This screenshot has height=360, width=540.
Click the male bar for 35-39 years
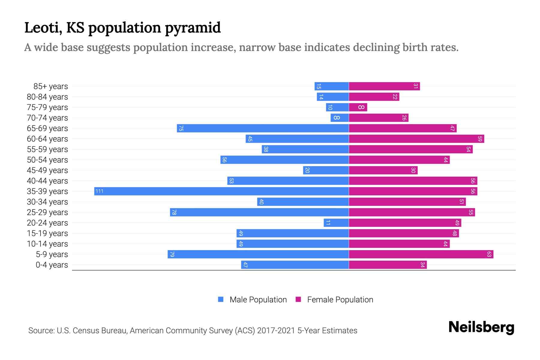click(221, 191)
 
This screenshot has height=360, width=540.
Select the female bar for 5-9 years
click(421, 254)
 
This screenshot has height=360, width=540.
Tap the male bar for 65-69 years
click(263, 128)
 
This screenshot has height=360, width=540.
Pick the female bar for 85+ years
click(384, 86)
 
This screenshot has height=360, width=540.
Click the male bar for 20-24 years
click(336, 223)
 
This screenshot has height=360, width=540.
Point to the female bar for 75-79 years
click(358, 107)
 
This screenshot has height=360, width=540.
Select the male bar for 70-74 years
click(340, 118)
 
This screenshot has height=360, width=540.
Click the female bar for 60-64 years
click(416, 139)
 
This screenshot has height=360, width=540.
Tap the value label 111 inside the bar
click(99, 191)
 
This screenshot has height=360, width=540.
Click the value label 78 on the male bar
click(174, 212)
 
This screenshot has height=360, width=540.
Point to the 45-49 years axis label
click(47, 170)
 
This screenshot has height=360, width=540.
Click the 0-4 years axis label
click(52, 265)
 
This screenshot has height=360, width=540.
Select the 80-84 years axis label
click(47, 97)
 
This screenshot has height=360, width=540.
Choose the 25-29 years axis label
click(47, 212)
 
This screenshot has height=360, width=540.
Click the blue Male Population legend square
click(221, 299)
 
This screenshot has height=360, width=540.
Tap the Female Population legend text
click(340, 300)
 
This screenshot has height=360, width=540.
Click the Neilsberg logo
click(481, 327)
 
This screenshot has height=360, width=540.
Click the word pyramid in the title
click(193, 28)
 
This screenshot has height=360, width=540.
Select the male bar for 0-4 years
click(295, 265)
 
